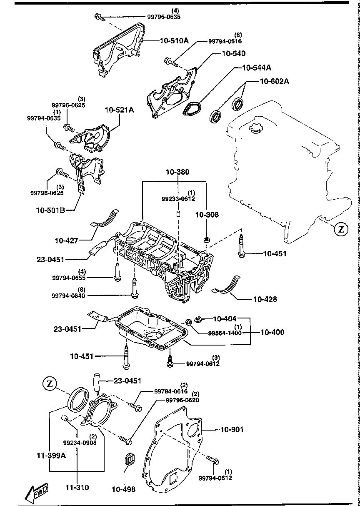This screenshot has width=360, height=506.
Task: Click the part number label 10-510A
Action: pyautogui.click(x=174, y=41)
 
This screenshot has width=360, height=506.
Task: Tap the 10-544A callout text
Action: pyautogui.click(x=257, y=68)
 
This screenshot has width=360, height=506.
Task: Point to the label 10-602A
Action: pyautogui.click(x=275, y=81)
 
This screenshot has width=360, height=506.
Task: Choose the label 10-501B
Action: pyautogui.click(x=50, y=210)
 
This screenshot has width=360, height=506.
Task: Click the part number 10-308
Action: pyautogui.click(x=207, y=215)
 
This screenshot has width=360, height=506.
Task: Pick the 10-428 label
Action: pyautogui.click(x=265, y=299)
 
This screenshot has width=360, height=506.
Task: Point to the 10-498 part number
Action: pyautogui.click(x=123, y=489)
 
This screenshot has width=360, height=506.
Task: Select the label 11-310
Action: pyautogui.click(x=77, y=487)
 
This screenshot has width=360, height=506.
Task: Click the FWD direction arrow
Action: pyautogui.click(x=37, y=491)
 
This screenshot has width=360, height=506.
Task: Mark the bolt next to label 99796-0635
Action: pyautogui.click(x=99, y=17)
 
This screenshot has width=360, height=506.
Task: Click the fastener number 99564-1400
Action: pyautogui.click(x=225, y=333)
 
